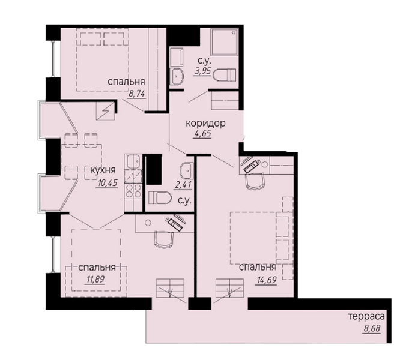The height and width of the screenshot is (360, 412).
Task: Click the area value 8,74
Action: (x=137, y=94)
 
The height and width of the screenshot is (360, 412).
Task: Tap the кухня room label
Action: (x=103, y=170)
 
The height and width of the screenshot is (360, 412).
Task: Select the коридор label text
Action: (x=205, y=123)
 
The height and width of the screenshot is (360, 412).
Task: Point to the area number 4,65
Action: (x=202, y=133)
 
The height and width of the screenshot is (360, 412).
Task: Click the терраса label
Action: (x=366, y=316)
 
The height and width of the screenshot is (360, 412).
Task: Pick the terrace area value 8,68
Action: (x=372, y=328)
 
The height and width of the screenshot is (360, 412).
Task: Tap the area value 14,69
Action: (x=265, y=280)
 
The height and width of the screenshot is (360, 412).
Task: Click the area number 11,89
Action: (x=95, y=279)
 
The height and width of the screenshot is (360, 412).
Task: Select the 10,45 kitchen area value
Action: (x=107, y=183)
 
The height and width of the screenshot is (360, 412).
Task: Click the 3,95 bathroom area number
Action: (x=202, y=71)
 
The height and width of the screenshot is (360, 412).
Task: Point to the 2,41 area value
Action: (x=183, y=185)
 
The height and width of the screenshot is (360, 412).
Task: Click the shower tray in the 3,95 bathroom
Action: (x=224, y=42)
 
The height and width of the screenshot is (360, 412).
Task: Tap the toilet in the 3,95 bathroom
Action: (x=225, y=75)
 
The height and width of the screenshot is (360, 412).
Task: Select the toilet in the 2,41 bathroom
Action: (x=160, y=198)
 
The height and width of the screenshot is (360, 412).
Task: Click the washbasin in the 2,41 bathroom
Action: (x=187, y=170)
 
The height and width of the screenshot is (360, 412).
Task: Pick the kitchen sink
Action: (x=133, y=161)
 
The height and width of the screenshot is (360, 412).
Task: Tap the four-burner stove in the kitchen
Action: (x=133, y=191)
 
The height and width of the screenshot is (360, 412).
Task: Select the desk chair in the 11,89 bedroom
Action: (x=164, y=239)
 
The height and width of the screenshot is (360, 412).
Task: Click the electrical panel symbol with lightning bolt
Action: (x=106, y=111)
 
